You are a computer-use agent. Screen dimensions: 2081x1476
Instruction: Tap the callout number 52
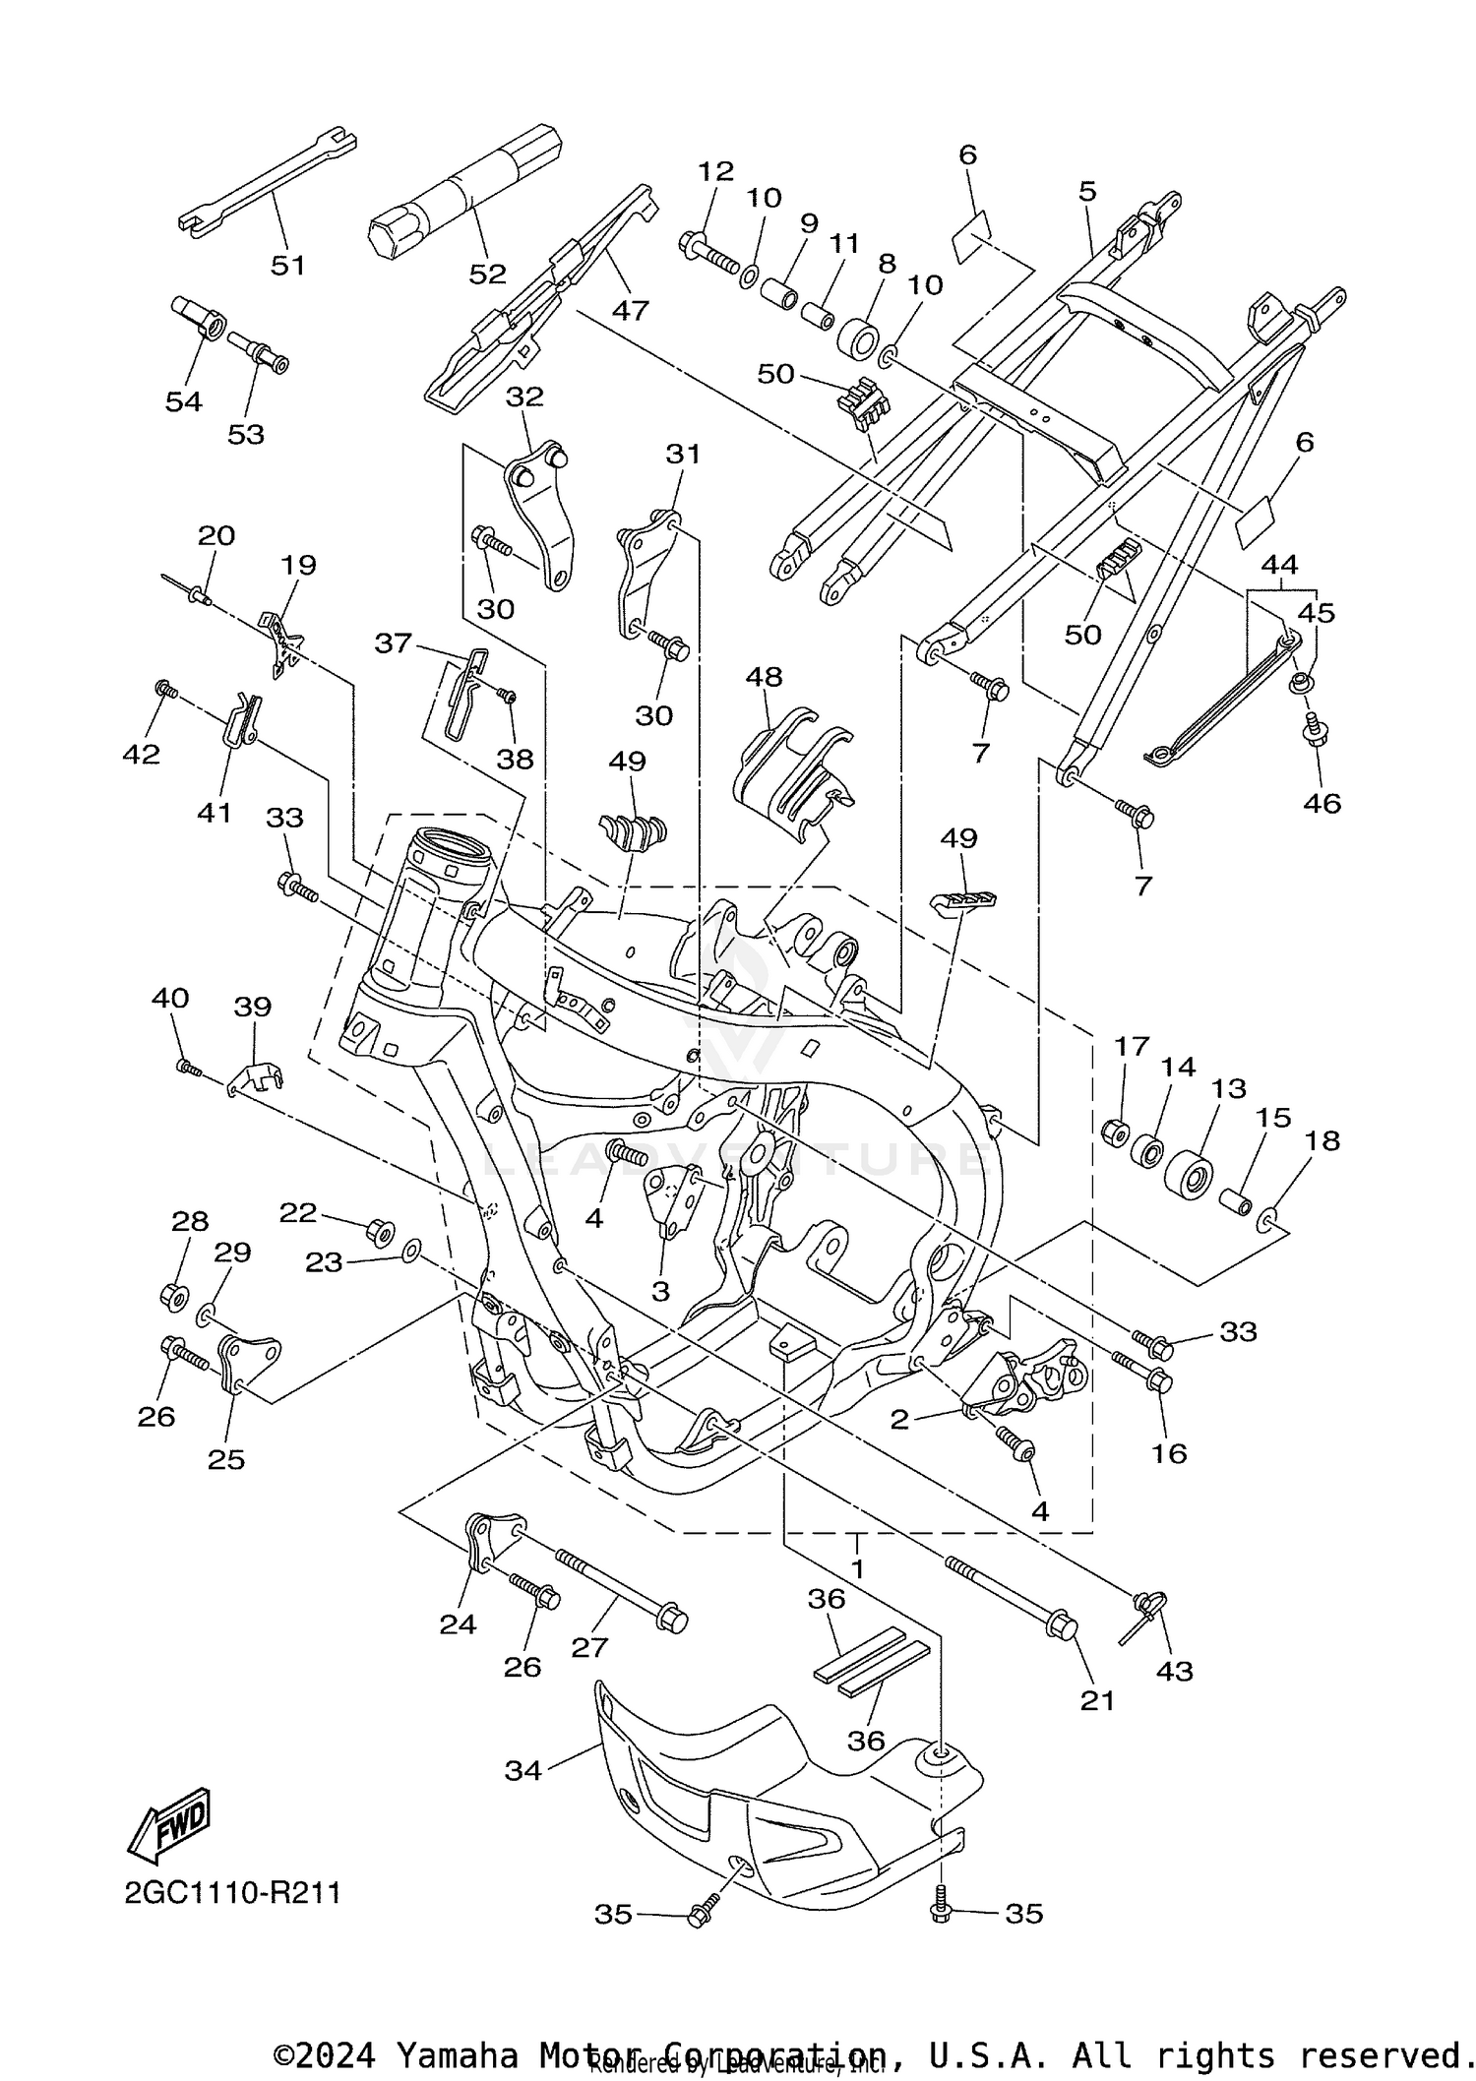click(x=487, y=274)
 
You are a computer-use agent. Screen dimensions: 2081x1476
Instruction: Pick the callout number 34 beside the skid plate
click(x=523, y=1770)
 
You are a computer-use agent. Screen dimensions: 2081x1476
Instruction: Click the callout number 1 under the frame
click(x=857, y=1568)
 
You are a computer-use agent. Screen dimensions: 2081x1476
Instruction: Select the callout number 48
click(x=764, y=677)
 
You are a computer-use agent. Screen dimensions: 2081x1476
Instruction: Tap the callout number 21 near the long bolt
click(x=1097, y=1699)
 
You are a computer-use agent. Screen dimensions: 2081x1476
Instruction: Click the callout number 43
click(x=1175, y=1670)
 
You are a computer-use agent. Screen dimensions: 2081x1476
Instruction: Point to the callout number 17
click(x=1131, y=1046)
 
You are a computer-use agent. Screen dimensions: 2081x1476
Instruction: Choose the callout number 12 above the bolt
click(x=715, y=171)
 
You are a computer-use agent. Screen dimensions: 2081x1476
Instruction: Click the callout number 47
click(x=630, y=310)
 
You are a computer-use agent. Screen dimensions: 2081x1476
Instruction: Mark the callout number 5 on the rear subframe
click(x=1086, y=191)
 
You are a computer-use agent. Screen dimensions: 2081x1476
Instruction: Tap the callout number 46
click(x=1322, y=803)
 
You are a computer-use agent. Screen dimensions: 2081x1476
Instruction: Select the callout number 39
click(x=253, y=1007)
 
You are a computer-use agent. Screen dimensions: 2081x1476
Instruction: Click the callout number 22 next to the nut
click(x=297, y=1213)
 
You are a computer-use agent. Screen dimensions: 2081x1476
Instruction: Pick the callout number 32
click(x=524, y=397)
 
